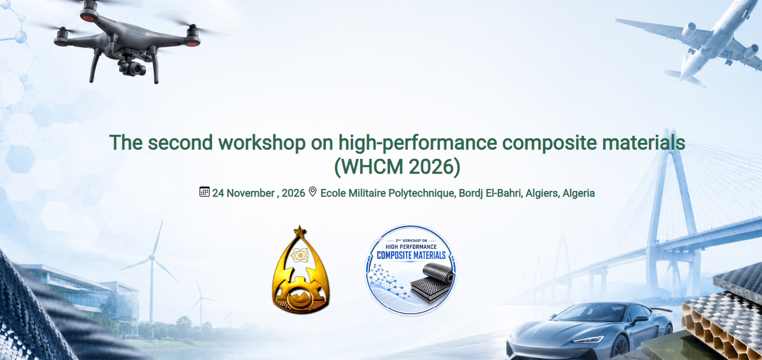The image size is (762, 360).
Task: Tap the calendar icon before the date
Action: point(204,192)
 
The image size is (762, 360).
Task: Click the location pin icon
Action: point(312,192)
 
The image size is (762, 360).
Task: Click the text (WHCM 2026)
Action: point(397,166)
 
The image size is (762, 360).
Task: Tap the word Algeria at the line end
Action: point(579,193)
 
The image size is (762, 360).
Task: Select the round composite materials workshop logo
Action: point(411,270)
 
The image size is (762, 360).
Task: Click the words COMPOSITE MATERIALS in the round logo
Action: point(411,255)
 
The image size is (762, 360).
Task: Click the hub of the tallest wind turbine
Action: point(152,258)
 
